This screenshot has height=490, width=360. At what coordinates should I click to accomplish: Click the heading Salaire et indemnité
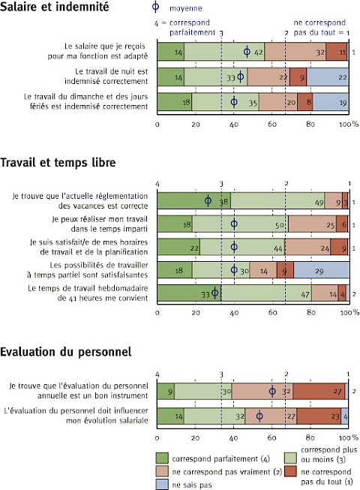(x=54, y=7)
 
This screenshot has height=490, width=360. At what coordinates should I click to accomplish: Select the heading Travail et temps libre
(x=58, y=163)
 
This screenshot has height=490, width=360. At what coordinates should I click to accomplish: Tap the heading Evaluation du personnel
(x=65, y=352)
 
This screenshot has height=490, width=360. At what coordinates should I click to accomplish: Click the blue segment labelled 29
(x=321, y=270)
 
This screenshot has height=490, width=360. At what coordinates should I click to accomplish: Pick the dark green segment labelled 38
(x=194, y=201)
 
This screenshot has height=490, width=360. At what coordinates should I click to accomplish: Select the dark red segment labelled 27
(x=319, y=391)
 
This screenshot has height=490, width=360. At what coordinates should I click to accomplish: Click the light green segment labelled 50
(x=241, y=224)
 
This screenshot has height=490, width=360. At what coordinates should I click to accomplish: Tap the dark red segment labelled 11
(x=336, y=52)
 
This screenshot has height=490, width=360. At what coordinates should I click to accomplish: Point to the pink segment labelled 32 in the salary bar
(x=295, y=52)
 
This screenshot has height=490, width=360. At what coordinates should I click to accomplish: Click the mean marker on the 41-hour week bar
(x=214, y=293)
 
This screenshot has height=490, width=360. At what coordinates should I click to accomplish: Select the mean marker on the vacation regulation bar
(x=208, y=200)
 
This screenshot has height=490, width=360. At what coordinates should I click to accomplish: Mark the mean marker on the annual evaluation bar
(x=272, y=391)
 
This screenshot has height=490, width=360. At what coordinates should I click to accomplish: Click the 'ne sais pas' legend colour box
(x=162, y=484)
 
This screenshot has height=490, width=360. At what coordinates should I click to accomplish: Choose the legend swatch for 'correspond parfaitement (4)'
(x=162, y=458)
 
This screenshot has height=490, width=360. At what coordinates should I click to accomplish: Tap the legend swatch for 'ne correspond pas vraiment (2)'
(x=162, y=471)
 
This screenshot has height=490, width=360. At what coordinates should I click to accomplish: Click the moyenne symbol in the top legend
(x=155, y=7)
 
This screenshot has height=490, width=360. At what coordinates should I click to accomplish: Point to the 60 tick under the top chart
(x=272, y=124)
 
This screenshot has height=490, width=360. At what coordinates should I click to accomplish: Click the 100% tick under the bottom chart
(x=349, y=437)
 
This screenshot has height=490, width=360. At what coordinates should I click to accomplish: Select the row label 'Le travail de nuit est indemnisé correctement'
(x=106, y=77)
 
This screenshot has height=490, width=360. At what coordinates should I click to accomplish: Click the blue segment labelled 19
(x=331, y=102)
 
